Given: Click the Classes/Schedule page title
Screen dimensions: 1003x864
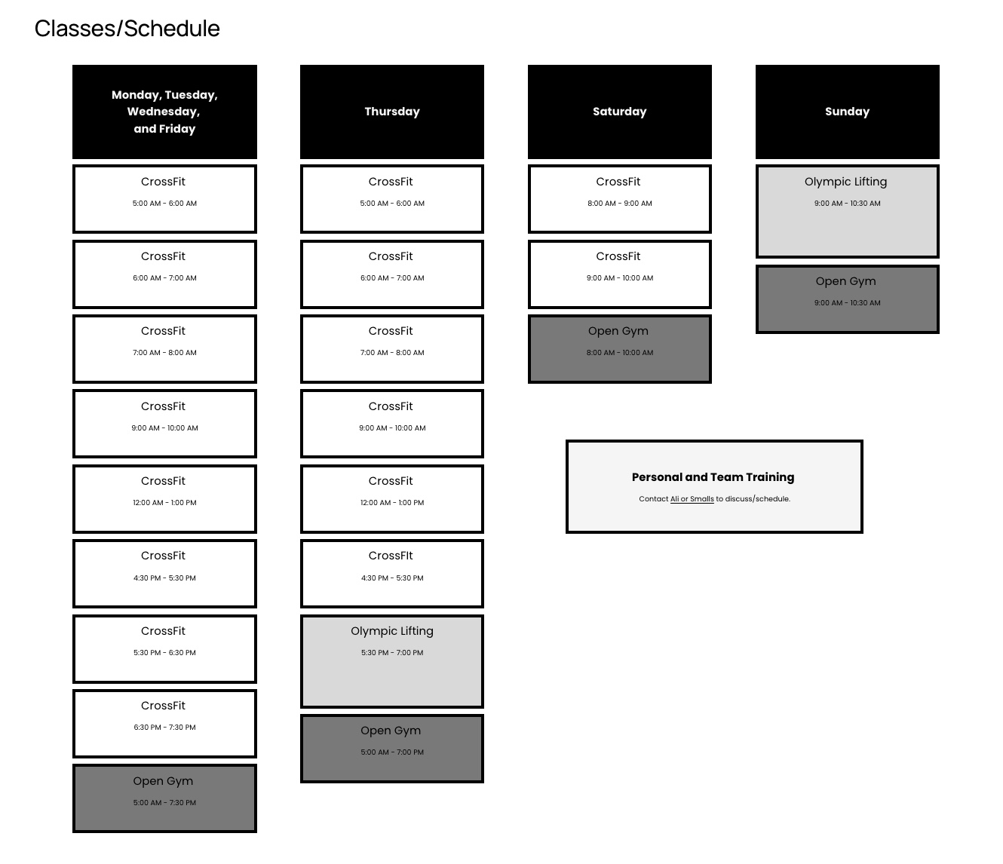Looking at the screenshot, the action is tap(127, 29).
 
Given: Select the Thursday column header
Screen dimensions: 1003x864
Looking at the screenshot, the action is tap(392, 112).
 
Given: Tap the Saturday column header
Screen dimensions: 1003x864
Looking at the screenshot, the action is tap(620, 112).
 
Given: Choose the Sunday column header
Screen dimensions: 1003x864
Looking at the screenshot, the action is tap(847, 112).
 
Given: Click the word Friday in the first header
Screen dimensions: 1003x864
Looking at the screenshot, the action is tap(178, 129).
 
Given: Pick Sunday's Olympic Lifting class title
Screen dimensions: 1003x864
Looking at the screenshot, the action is tap(846, 182).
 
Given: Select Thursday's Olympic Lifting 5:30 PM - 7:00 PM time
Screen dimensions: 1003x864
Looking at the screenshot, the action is tap(392, 652).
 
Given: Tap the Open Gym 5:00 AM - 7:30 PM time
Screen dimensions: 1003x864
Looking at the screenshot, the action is tap(164, 802).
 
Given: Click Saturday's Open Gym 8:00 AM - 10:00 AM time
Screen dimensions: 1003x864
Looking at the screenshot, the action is tap(620, 353).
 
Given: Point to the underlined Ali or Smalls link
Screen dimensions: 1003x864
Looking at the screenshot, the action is tap(692, 498).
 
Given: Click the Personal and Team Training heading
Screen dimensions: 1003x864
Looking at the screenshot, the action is tap(713, 477).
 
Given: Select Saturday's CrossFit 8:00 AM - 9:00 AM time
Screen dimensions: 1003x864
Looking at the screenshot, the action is tap(620, 204).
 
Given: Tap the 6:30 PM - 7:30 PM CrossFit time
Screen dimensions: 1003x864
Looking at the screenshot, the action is tap(164, 728).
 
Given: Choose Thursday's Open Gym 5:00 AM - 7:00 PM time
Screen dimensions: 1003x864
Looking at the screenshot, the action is tap(392, 752).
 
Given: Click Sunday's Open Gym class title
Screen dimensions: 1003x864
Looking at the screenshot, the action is tap(846, 281).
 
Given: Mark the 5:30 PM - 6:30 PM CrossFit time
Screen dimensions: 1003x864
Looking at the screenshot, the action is tap(164, 652).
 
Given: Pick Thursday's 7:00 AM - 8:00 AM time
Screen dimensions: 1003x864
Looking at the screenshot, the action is tap(392, 353).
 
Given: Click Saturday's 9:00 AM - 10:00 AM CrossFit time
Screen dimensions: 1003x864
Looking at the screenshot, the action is tap(620, 278).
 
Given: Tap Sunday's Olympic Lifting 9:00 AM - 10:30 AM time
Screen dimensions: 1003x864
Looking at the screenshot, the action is tap(847, 204).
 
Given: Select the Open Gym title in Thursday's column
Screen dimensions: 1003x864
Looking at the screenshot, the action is tap(391, 731).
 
